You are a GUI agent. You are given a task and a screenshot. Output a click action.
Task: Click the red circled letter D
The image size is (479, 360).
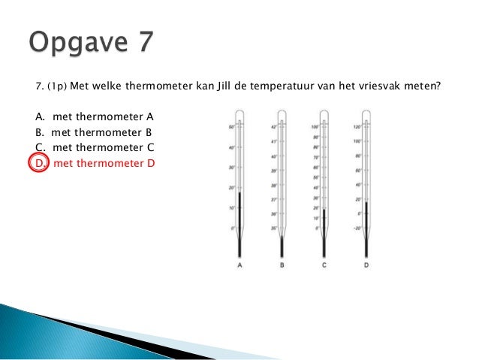(38, 162)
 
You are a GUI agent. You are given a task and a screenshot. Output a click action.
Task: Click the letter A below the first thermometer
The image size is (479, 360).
(239, 265)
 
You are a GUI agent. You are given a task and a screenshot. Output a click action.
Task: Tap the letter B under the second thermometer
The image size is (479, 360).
(282, 265)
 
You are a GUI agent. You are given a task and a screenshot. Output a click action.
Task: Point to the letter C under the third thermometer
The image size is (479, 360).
(324, 265)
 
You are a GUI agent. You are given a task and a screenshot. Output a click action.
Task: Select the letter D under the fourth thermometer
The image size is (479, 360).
(366, 265)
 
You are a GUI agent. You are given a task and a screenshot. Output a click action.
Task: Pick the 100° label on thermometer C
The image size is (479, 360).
(315, 127)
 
